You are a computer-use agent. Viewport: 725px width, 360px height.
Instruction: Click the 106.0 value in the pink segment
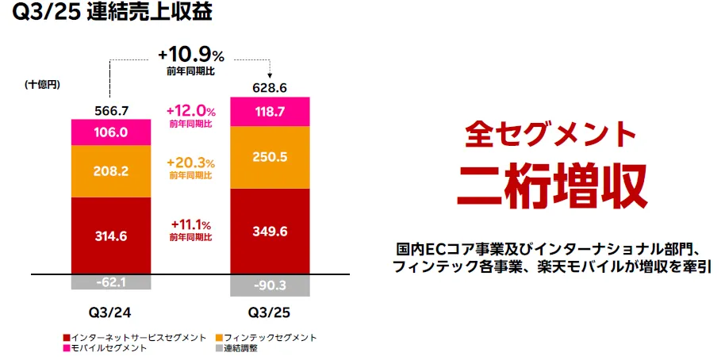110,132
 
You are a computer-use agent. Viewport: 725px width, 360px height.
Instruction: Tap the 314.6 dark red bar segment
110,236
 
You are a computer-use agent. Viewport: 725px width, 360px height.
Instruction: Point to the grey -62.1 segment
110,282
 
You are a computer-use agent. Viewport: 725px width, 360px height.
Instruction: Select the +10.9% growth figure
191,56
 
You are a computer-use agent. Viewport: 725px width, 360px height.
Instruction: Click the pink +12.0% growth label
190,111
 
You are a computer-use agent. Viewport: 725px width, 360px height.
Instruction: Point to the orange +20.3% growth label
190,163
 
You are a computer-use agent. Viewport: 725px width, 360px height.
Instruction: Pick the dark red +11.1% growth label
190,225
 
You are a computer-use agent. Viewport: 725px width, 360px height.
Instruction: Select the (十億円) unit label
42,84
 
